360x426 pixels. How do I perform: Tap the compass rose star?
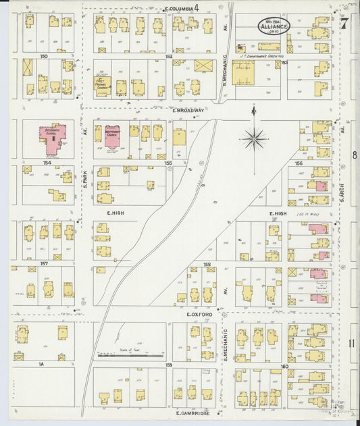[255, 138]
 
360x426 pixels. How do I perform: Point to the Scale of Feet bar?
[130, 355]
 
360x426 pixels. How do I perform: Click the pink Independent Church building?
[111, 136]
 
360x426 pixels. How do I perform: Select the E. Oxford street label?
[199, 315]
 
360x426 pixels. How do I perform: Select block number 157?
[26, 263]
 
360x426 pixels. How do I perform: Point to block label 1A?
[22, 364]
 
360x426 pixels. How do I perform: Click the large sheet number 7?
[344, 24]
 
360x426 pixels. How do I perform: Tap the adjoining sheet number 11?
[351, 343]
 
